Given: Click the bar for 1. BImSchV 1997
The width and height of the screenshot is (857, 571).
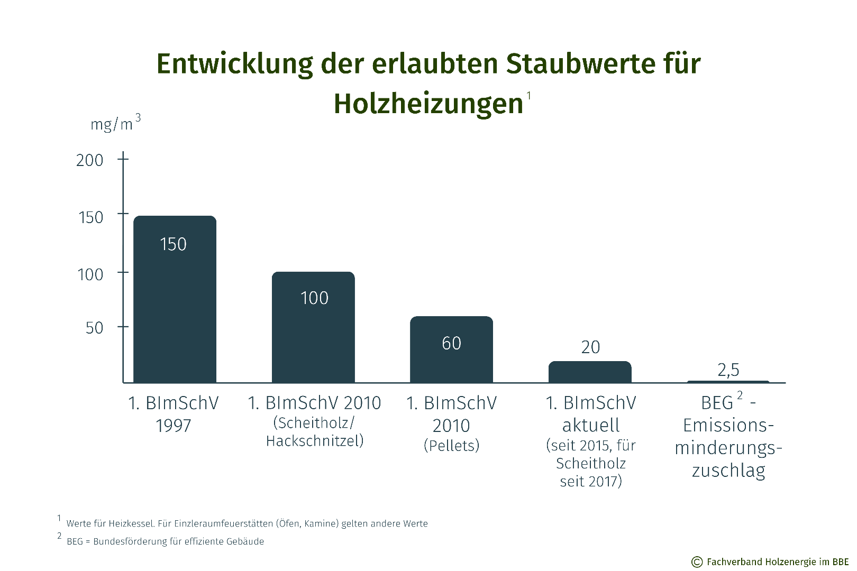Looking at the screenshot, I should pos(175,307).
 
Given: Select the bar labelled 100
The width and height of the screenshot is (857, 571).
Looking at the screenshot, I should pos(313,333).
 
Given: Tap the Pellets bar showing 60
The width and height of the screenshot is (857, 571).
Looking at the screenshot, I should pos(451,354).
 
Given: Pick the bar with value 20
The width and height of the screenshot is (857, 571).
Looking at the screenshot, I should pos(590,372).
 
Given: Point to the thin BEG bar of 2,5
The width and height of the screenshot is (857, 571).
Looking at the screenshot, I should pos(728,381).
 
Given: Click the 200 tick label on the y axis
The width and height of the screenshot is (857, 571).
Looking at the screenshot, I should pos(89,160).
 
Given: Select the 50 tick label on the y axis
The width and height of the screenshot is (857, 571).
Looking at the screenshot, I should pos(94,328).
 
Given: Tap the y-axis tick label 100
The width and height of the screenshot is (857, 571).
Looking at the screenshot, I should pos(90,274).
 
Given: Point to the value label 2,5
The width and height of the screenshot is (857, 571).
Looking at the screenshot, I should pos(728,370).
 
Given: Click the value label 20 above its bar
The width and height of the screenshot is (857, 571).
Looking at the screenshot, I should pos(590,347).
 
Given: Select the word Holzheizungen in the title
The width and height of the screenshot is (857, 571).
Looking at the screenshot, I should pos(428,104).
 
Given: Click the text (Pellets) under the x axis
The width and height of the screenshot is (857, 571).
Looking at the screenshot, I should pos(451,446).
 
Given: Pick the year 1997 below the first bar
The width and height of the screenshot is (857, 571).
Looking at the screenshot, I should pos(173,426).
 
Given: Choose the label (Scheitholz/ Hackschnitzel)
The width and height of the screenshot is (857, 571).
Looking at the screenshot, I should pos(315,432).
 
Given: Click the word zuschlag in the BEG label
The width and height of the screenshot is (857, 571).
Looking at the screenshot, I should pos(728,470).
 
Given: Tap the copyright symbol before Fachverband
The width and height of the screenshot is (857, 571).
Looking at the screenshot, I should pos(697,562).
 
